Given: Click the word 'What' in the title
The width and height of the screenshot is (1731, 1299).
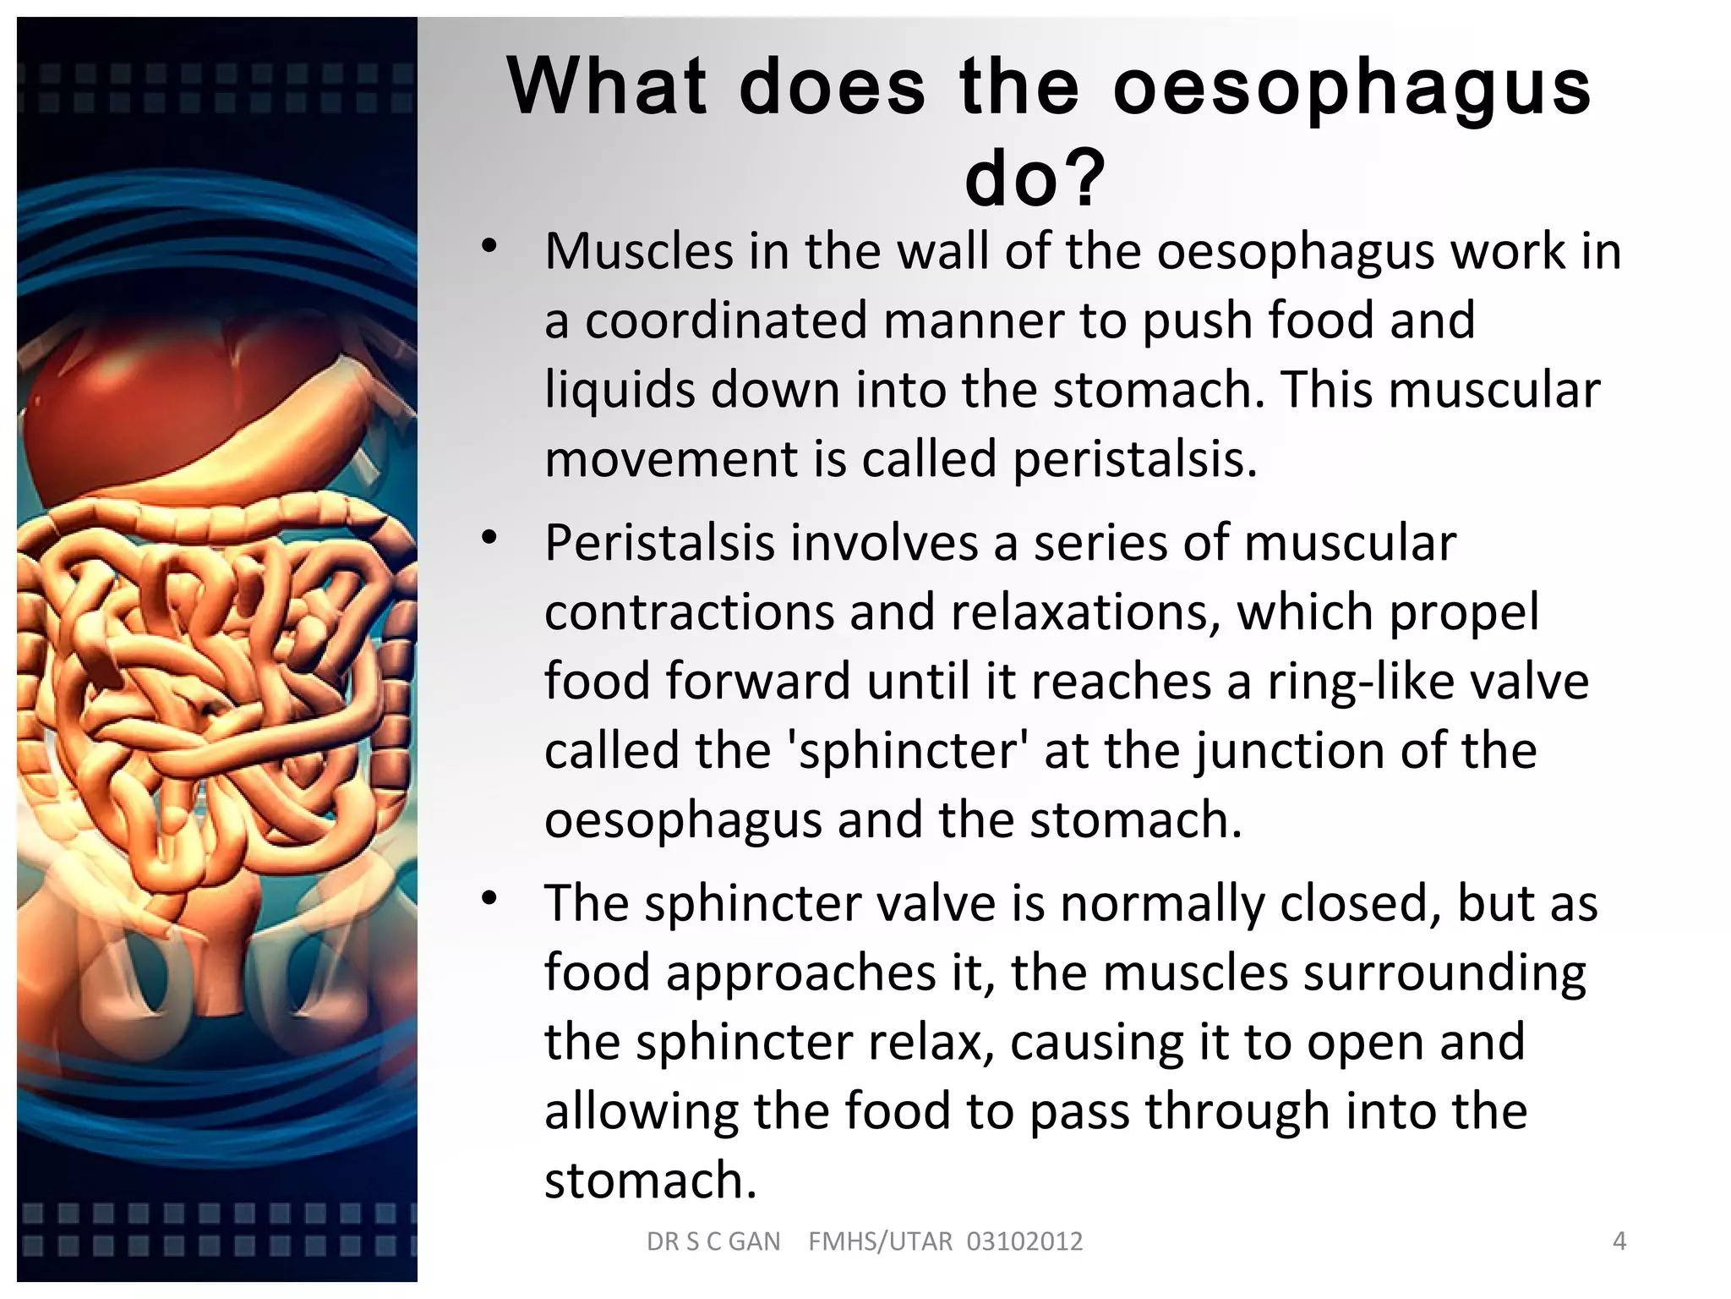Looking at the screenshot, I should (x=607, y=86).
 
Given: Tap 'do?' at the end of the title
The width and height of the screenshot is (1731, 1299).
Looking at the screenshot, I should (x=1035, y=178).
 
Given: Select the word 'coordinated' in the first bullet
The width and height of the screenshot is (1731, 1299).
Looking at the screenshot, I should (x=727, y=321).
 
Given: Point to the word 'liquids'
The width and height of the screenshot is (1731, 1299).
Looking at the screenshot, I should (x=620, y=390).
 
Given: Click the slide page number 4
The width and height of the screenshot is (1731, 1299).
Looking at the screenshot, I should (x=1619, y=1241).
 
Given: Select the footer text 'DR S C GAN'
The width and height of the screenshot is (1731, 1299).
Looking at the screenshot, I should (x=713, y=1241).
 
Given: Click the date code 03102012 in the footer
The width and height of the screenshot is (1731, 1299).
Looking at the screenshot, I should (x=1024, y=1241).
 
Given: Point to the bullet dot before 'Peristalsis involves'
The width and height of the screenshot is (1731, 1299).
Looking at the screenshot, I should (x=489, y=537).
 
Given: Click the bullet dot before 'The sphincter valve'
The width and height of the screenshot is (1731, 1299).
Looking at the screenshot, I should (x=489, y=897).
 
